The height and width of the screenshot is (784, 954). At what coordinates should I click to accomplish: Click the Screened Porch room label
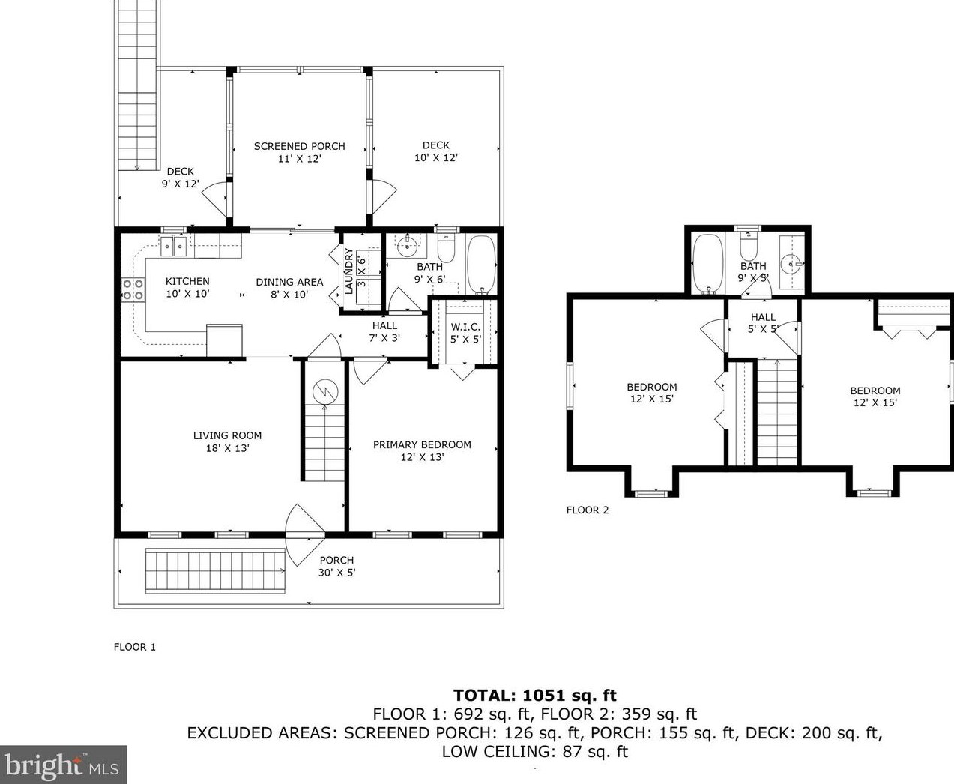300,152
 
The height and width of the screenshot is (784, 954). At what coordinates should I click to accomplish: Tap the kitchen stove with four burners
133,289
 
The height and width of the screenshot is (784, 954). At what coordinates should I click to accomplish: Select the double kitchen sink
174,247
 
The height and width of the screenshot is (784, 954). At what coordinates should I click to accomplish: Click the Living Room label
228,441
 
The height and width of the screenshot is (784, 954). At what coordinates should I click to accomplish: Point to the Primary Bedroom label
422,450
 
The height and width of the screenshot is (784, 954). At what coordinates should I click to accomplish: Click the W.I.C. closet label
465,333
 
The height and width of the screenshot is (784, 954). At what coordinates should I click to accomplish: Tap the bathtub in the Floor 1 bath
481,265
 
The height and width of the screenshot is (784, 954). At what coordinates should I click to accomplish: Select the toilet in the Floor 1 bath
446,248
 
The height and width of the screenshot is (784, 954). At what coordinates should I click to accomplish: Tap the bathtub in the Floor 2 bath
708,264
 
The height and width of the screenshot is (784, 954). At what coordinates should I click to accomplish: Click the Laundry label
348,271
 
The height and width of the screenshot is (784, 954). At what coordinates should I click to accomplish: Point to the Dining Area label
289,288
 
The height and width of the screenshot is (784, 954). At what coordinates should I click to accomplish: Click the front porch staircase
215,571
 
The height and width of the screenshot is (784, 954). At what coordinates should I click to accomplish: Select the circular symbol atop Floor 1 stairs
324,392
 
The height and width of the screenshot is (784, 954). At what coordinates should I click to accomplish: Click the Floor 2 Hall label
763,323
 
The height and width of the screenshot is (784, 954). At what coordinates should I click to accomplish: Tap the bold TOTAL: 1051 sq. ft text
534,695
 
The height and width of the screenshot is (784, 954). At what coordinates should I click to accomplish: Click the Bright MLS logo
64,765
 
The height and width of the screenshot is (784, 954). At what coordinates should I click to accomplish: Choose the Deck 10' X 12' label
436,151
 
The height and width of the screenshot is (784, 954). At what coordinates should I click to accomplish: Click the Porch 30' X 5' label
336,567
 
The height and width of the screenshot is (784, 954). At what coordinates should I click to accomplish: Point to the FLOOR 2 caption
588,510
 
